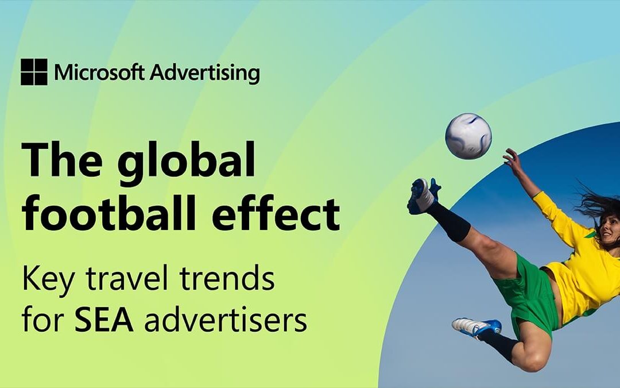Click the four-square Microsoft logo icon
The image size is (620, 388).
coord(34,72)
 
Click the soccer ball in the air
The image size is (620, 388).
coord(468,136)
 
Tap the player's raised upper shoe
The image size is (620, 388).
coord(423,195)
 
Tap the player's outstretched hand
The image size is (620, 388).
coord(511,156)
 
